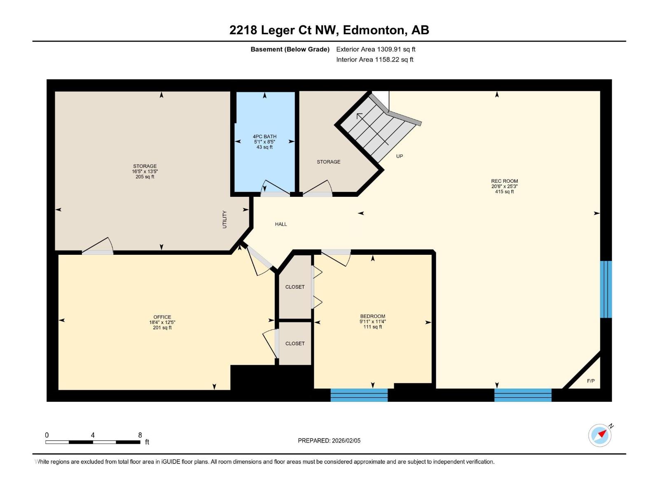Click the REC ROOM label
pos(505,181)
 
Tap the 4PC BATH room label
pos(264,137)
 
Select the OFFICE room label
pos(162,317)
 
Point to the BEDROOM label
pos(373,316)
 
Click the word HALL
pos(281,224)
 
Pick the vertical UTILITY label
pos(224,219)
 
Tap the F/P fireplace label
pos(591,381)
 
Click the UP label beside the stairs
pos(399,156)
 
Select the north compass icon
pos(600,435)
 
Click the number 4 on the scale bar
pos(93,435)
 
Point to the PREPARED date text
pos(329,440)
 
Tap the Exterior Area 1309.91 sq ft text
pos(376,49)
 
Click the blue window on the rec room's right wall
pos(606,289)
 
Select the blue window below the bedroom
pos(359,395)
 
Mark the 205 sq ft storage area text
pos(145,177)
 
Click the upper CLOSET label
pos(295,287)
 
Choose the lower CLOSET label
pos(295,343)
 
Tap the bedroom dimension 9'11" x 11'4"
pos(373,322)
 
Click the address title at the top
pos(329,30)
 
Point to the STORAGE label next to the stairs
pos(328,162)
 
